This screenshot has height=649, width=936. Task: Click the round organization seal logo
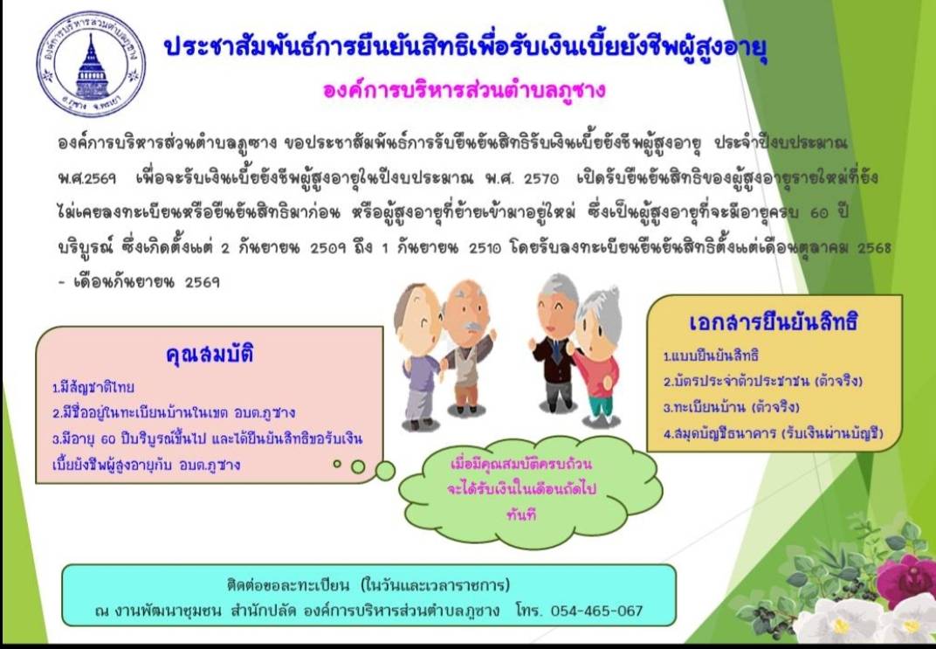[x=92, y=64]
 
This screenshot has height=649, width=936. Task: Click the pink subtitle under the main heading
[x=464, y=90]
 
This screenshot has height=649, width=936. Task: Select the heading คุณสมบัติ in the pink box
[x=210, y=354]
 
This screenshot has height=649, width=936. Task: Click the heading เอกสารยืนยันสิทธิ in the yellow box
[x=774, y=322]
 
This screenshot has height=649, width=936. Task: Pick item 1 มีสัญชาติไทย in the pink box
[x=93, y=388]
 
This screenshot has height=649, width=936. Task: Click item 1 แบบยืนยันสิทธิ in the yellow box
[x=711, y=356]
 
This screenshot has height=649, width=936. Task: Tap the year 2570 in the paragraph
[x=541, y=178]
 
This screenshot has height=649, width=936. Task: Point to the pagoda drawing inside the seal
[x=92, y=66]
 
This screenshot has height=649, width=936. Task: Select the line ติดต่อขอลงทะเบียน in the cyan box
[x=368, y=584]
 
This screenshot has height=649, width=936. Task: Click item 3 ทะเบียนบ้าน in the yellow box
[x=732, y=408]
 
